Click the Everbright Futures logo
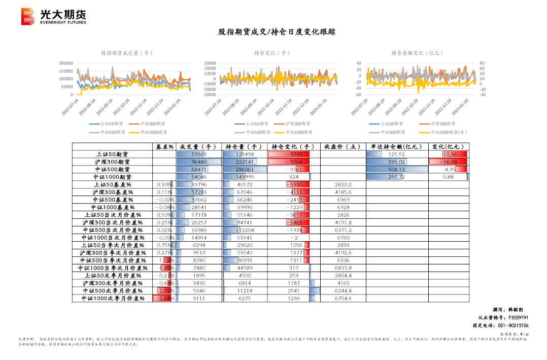pyautogui.click(x=54, y=17)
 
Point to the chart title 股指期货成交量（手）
pyautogui.click(x=126, y=52)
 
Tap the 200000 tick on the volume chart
pyautogui.click(x=65, y=63)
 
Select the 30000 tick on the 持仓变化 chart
pyautogui.click(x=210, y=63)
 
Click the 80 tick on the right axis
pyautogui.click(x=482, y=63)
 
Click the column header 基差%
pyautogui.click(x=164, y=147)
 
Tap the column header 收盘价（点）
pyautogui.click(x=343, y=147)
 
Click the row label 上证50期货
pyautogui.click(x=113, y=154)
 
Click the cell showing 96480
pyautogui.click(x=199, y=161)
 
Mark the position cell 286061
pyautogui.click(x=245, y=169)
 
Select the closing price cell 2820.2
pyautogui.click(x=343, y=184)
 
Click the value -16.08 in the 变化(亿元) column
pyautogui.click(x=450, y=161)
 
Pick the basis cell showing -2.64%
pyautogui.click(x=164, y=299)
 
